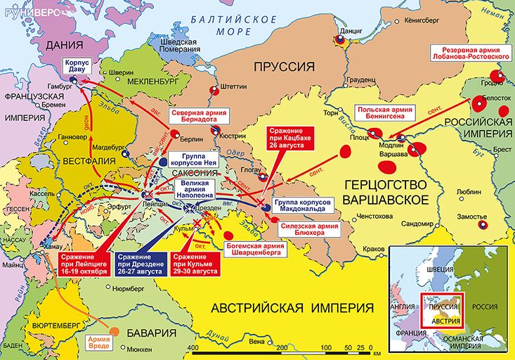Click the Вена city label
(257, 341)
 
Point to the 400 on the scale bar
(191, 348)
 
